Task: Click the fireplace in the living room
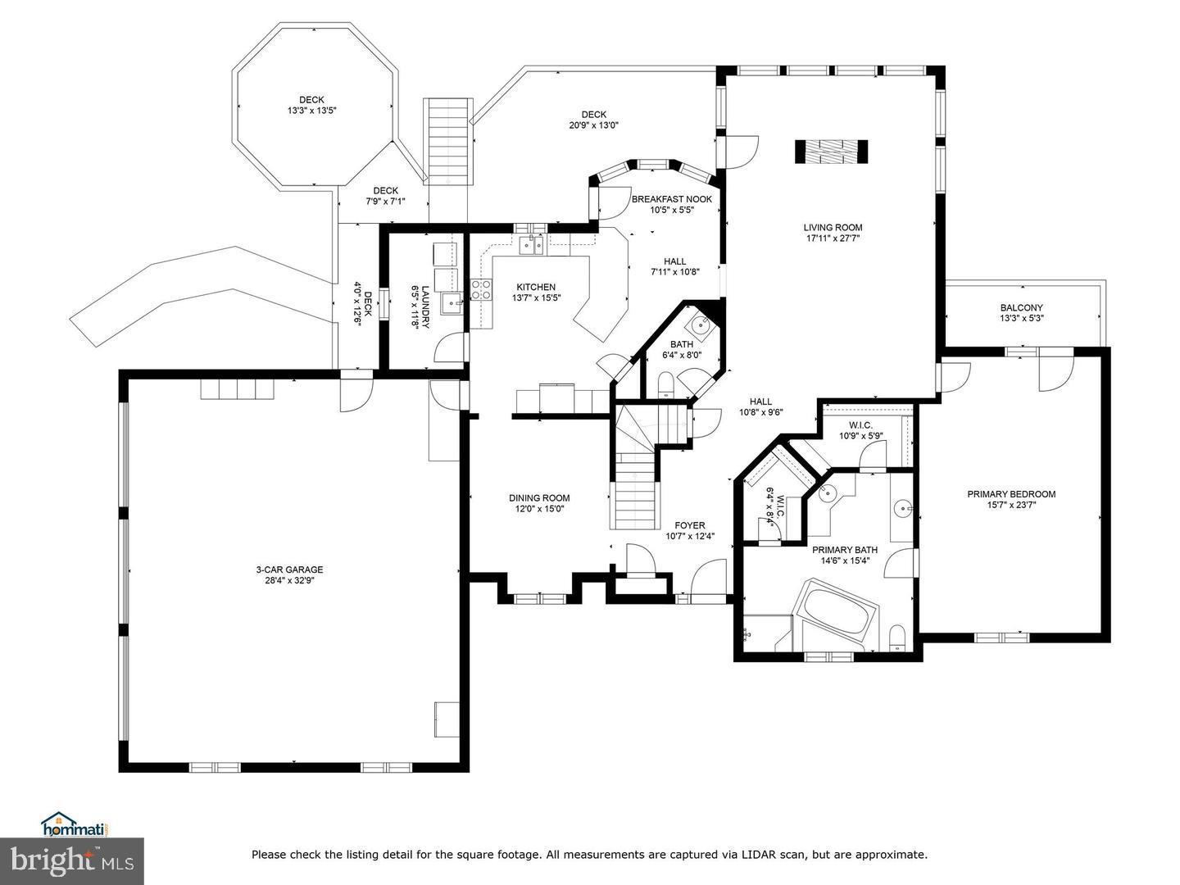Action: point(831,152)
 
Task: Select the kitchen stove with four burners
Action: point(481,288)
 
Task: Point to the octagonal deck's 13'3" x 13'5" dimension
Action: point(312,111)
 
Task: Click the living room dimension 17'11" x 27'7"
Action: point(833,238)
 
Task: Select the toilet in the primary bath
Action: point(897,637)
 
